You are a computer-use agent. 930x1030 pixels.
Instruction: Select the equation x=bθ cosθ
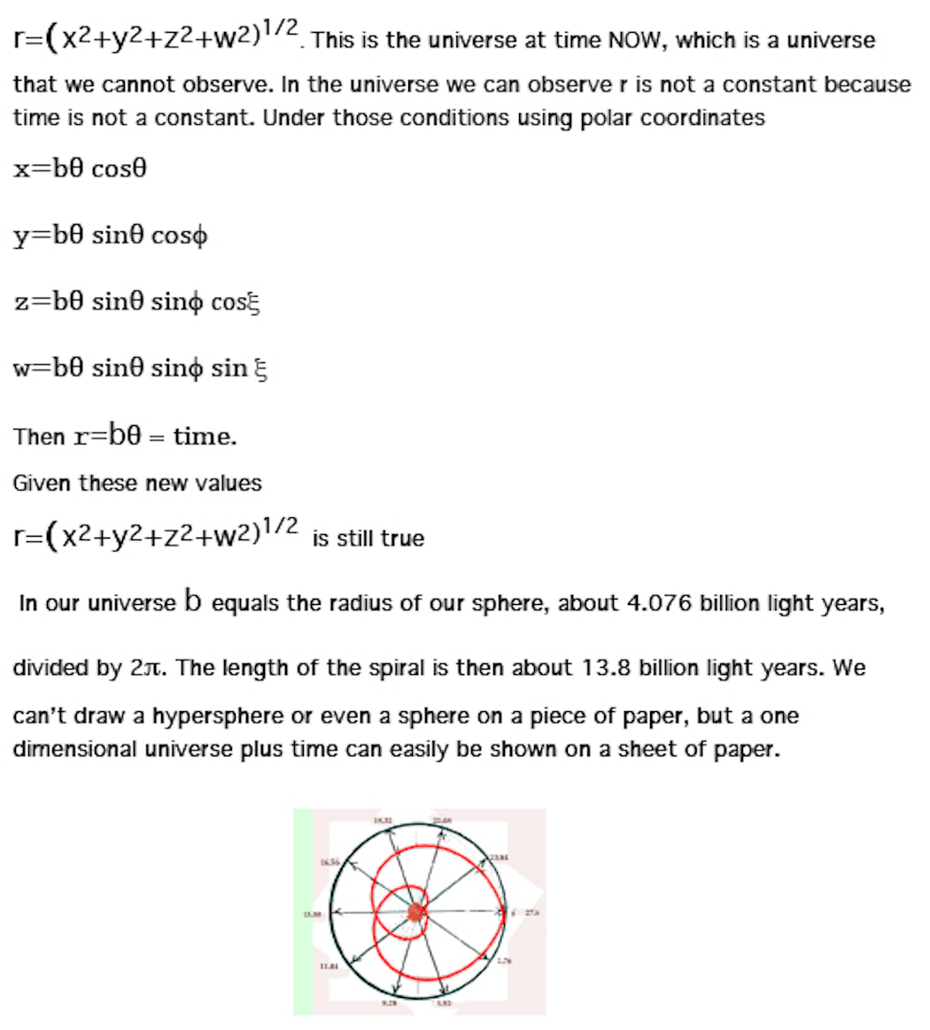coord(80,169)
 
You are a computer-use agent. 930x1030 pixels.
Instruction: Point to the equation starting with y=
coord(111,236)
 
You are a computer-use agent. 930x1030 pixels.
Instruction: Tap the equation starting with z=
coord(137,302)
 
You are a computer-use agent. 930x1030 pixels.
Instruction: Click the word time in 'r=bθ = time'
coord(205,436)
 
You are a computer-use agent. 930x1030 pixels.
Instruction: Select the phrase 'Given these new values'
coord(137,484)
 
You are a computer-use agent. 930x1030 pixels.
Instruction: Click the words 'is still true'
coord(368,538)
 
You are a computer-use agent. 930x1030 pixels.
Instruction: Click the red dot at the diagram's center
coord(415,913)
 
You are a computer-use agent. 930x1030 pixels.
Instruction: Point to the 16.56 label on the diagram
coord(329,861)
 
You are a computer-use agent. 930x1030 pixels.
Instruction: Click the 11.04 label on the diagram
coord(329,967)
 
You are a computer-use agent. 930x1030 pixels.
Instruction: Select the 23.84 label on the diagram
coord(500,857)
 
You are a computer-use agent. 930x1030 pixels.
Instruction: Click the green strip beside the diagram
coord(303,912)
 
